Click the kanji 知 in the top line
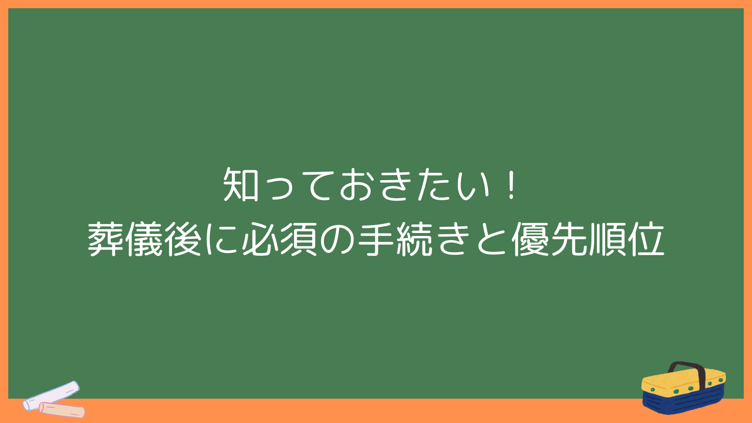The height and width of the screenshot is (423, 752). [x=240, y=184]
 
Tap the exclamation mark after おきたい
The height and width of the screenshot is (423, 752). [x=511, y=184]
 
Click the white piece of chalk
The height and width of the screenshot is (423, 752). [x=51, y=396]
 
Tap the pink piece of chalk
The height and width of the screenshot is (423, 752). [x=62, y=409]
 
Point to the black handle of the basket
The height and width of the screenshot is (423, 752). [x=687, y=368]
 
